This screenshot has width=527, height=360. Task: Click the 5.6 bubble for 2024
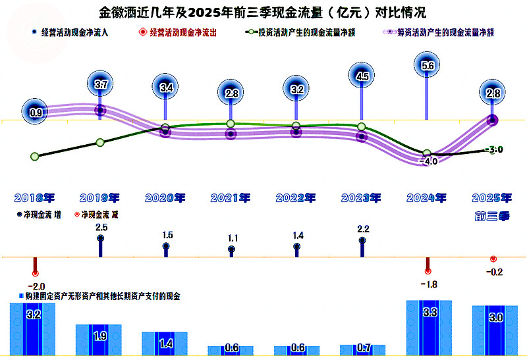click(x=427, y=65)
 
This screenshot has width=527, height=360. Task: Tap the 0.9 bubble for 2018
click(x=35, y=112)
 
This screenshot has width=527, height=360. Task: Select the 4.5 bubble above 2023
click(x=362, y=76)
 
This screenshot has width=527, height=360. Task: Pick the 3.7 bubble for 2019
click(x=100, y=84)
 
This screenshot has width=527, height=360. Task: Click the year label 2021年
click(x=231, y=198)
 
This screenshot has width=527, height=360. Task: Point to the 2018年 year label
click(x=34, y=198)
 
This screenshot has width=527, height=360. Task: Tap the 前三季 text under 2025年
click(x=492, y=217)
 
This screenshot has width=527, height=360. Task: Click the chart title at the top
click(x=262, y=13)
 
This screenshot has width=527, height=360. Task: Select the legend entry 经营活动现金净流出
click(x=178, y=32)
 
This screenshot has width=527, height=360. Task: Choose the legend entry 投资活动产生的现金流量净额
click(x=300, y=32)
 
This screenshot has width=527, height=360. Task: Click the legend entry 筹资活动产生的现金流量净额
click(x=439, y=32)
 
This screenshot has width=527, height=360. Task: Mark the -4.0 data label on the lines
click(x=429, y=161)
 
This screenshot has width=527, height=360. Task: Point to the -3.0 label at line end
click(x=494, y=149)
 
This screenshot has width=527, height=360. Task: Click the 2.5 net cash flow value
click(x=101, y=227)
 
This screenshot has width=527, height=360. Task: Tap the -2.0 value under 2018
click(x=36, y=286)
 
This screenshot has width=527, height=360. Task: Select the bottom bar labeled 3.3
click(x=429, y=328)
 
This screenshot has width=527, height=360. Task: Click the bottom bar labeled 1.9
click(x=98, y=340)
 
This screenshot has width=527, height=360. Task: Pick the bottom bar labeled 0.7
click(x=363, y=350)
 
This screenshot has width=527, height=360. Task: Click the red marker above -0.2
click(x=493, y=259)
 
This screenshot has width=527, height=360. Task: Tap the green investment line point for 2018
click(x=35, y=157)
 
